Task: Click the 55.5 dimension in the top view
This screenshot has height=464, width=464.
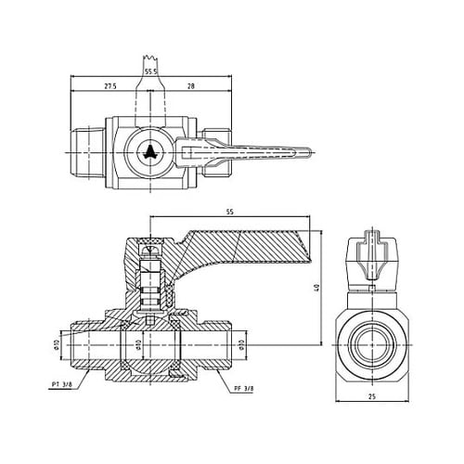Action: click(x=149, y=71)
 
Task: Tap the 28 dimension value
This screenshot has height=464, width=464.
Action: click(x=190, y=86)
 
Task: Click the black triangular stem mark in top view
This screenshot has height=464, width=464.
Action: click(x=150, y=152)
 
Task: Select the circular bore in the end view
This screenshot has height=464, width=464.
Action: click(x=371, y=344)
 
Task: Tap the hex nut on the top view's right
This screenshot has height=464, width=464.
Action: click(x=213, y=152)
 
